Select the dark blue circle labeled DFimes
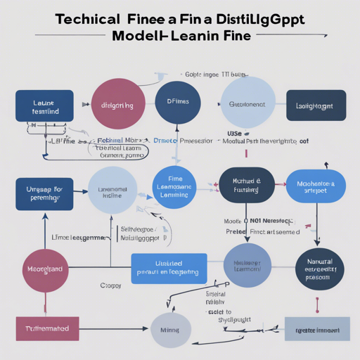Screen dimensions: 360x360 coord(176,103)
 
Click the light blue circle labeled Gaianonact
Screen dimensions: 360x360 coord(247,103)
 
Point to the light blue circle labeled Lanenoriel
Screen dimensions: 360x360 coord(112,191)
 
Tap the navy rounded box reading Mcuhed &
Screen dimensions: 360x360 coord(246,186)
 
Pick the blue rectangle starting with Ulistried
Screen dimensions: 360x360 coord(169,268)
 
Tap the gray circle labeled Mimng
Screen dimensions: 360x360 coord(171,328)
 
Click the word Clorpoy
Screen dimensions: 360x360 coord(110,286)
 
